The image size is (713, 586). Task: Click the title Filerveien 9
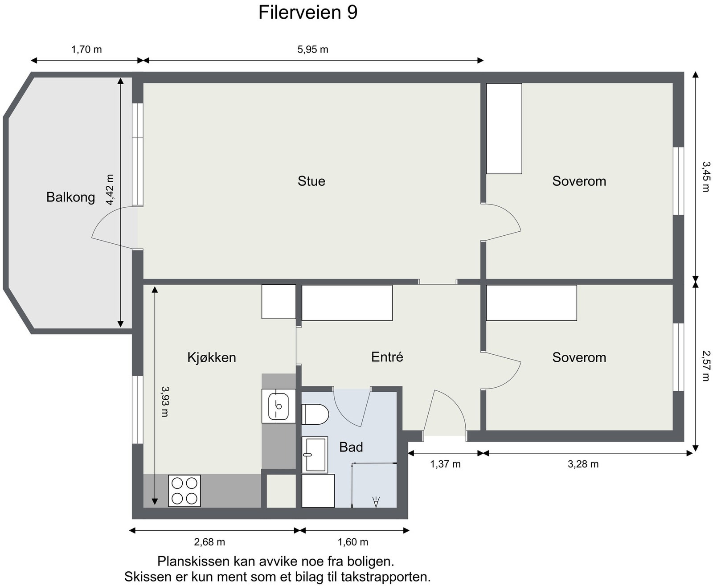coord(307,12)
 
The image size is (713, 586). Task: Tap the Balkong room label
coord(70,197)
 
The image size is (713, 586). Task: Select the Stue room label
coord(311,181)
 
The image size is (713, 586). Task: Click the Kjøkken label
coord(211,357)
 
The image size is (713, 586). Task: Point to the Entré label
coord(387,357)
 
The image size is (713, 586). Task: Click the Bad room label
coord(351,447)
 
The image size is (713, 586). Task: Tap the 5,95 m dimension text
coord(312,49)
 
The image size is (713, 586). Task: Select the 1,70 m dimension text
coord(86,49)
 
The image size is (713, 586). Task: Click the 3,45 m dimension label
coord(705,176)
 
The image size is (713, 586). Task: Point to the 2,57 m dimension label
coord(705,365)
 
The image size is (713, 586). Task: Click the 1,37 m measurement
coord(445,464)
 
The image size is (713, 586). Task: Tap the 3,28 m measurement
coord(583,464)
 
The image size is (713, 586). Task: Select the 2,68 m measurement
coord(209,542)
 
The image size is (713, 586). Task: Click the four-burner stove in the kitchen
coord(184,491)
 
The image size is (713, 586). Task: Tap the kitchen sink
coord(279,406)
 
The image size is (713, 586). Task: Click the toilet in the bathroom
coord(315,414)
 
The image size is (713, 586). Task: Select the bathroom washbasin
coord(315,454)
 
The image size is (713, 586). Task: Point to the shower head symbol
coord(376,502)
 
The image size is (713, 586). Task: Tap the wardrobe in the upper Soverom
coord(504,128)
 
